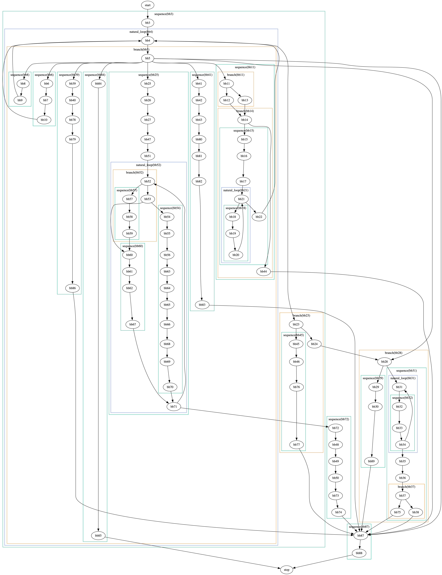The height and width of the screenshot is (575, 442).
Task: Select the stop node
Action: [287, 570]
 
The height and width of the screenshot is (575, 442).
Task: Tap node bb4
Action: [148, 41]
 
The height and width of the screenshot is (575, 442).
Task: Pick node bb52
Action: [148, 181]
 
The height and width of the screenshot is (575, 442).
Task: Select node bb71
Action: [174, 407]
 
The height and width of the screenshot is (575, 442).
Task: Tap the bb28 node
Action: [384, 361]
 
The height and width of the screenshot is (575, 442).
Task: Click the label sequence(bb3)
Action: [164, 14]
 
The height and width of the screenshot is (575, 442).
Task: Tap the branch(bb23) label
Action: [301, 315]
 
